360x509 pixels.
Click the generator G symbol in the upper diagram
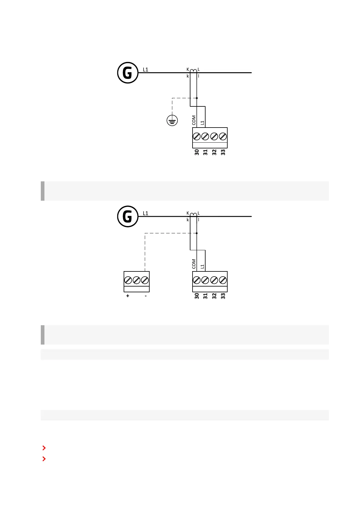pyautogui.click(x=128, y=73)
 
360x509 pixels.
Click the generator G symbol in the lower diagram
pyautogui.click(x=128, y=217)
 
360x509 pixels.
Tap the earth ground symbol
pyautogui.click(x=172, y=121)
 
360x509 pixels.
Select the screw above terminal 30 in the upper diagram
pyautogui.click(x=196, y=137)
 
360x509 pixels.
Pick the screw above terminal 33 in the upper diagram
pyautogui.click(x=223, y=137)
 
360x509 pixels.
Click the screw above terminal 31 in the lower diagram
pyautogui.click(x=205, y=280)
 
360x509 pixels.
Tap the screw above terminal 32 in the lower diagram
pyautogui.click(x=214, y=280)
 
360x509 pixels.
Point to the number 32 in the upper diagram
pyautogui.click(x=214, y=152)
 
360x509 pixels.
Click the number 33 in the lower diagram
pyautogui.click(x=223, y=296)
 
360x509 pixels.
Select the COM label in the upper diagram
pyautogui.click(x=194, y=120)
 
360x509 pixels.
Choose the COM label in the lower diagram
pyautogui.click(x=194, y=264)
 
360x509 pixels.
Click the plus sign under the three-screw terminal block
pyautogui.click(x=128, y=296)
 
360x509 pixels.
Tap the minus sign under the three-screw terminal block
pyautogui.click(x=146, y=296)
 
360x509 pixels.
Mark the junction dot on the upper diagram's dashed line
pyautogui.click(x=197, y=98)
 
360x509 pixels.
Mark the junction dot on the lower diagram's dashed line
pyautogui.click(x=197, y=233)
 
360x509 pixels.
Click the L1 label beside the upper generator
pyautogui.click(x=145, y=70)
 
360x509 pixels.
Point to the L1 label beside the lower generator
pyautogui.click(x=145, y=213)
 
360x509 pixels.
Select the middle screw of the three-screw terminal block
pyautogui.click(x=136, y=280)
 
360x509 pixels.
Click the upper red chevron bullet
pyautogui.click(x=44, y=448)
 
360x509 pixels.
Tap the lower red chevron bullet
pyautogui.click(x=44, y=459)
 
